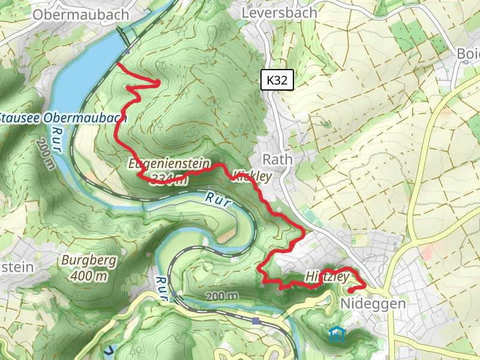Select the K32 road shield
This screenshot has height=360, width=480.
[277, 79]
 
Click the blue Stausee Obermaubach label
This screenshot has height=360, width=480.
[63, 118]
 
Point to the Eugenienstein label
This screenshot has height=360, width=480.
[169, 163]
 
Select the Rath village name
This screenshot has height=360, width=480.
[278, 160]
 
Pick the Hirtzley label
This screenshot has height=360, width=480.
[327, 277]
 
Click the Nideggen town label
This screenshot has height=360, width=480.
[373, 304]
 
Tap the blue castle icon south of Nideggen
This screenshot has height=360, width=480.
[337, 334]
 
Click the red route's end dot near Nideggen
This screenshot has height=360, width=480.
[350, 290]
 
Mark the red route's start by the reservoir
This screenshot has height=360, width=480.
[118, 63]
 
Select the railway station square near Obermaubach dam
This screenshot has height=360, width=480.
[127, 52]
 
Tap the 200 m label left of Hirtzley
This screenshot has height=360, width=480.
[221, 296]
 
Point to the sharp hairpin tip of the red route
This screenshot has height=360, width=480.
[159, 83]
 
